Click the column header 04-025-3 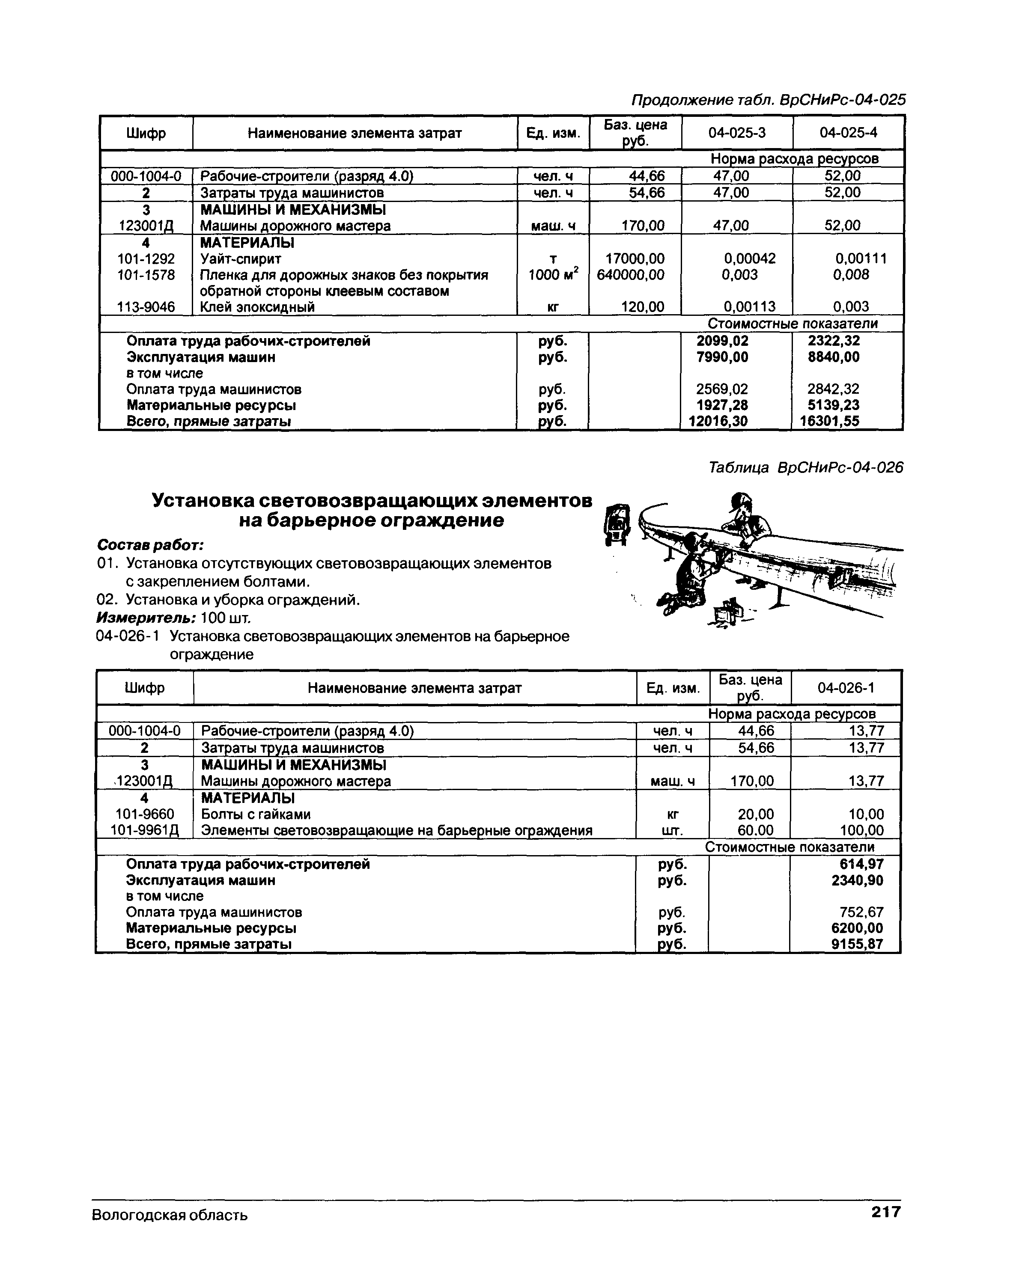[x=736, y=133]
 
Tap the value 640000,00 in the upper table [x=630, y=275]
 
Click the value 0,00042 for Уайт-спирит [x=749, y=259]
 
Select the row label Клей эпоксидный [x=257, y=307]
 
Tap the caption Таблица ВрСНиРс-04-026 [x=805, y=468]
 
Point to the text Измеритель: [x=146, y=618]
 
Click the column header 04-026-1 [x=846, y=688]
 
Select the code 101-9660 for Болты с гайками [x=145, y=814]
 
